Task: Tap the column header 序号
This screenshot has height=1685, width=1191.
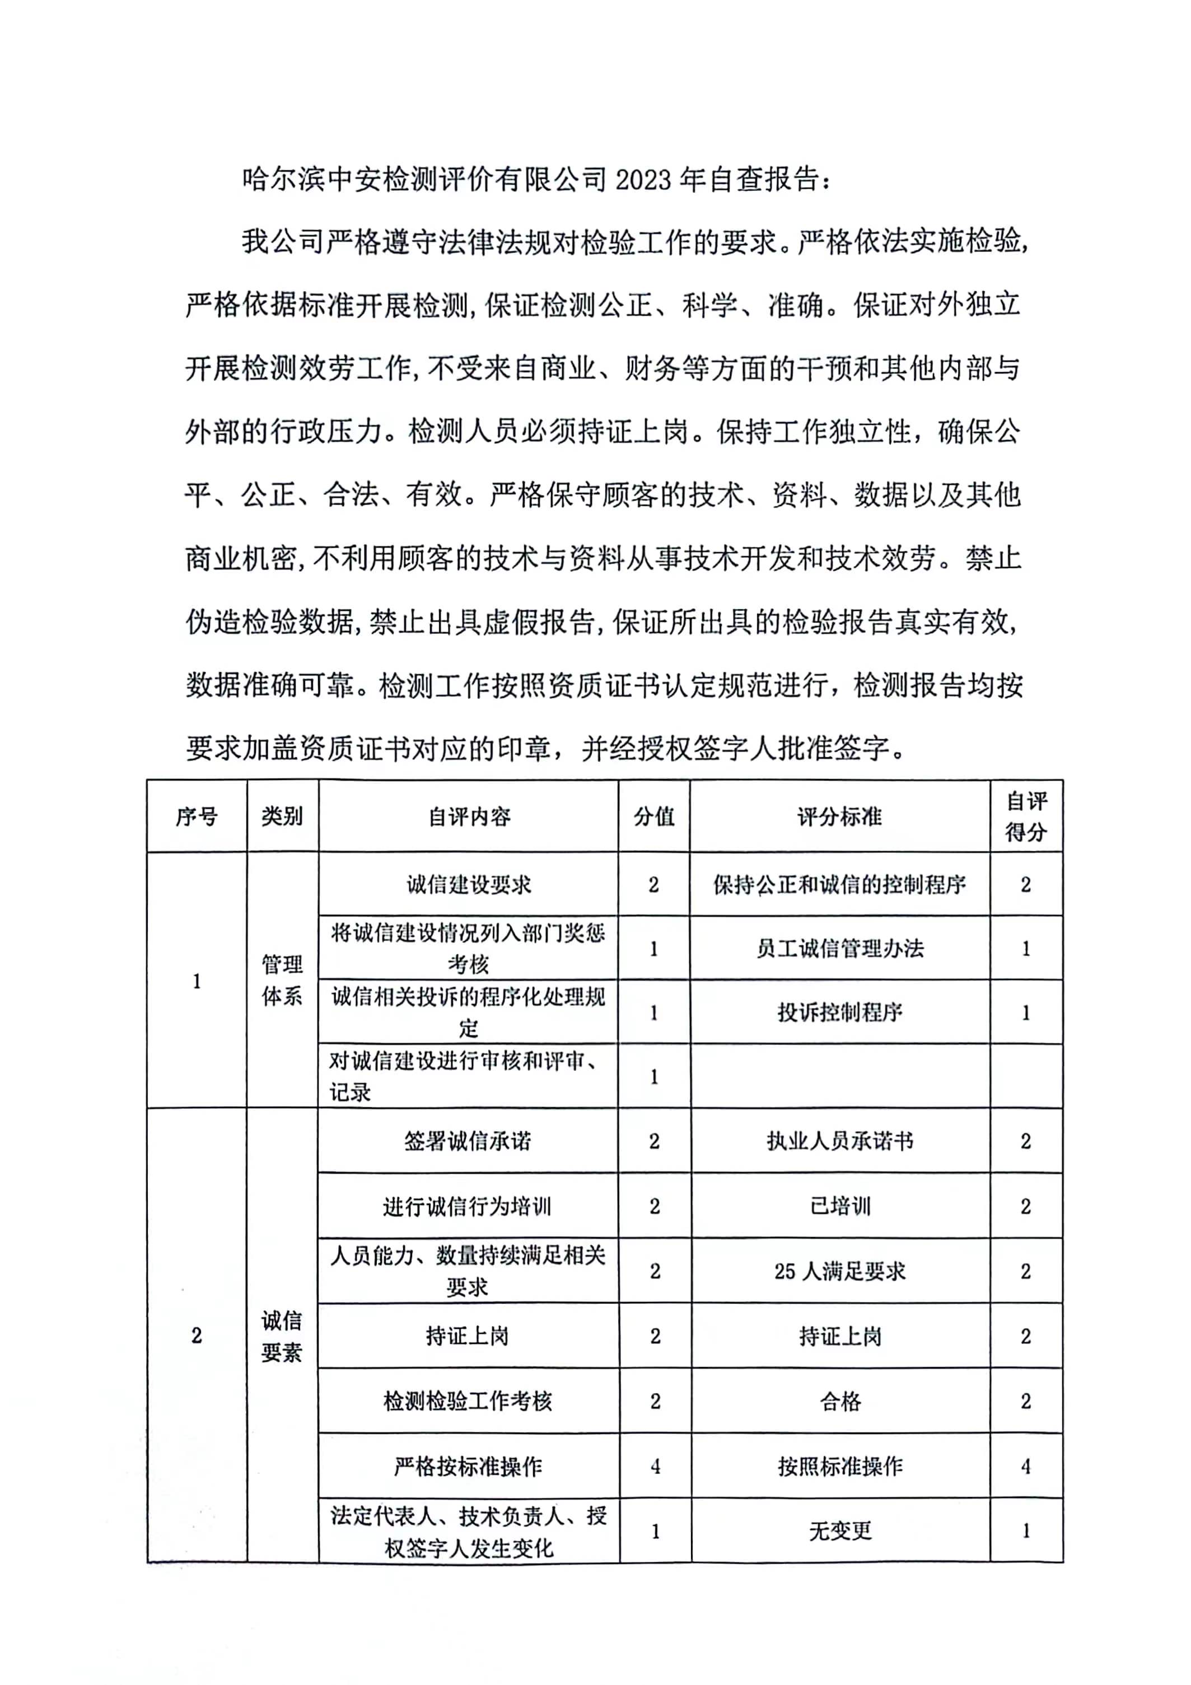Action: coord(196,816)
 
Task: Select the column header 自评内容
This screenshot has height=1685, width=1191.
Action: coord(469,816)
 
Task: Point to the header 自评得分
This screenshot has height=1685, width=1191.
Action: coord(1026,816)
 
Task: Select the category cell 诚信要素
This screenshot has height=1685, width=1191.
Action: coord(282,1336)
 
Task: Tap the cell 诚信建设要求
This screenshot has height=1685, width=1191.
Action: coord(469,884)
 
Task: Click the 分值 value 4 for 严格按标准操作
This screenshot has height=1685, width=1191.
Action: coord(655,1466)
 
